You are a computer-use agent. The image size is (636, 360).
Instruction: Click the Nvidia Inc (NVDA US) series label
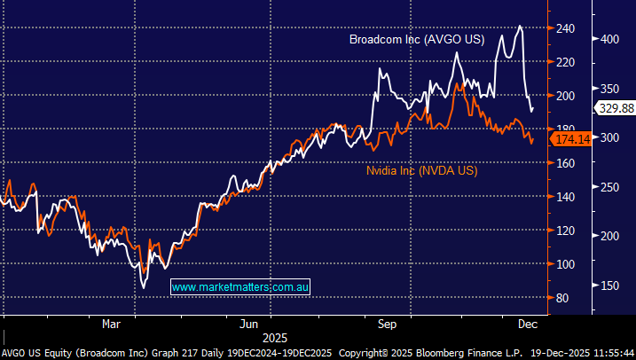click(x=421, y=170)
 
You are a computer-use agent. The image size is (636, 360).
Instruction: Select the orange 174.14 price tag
click(x=571, y=139)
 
